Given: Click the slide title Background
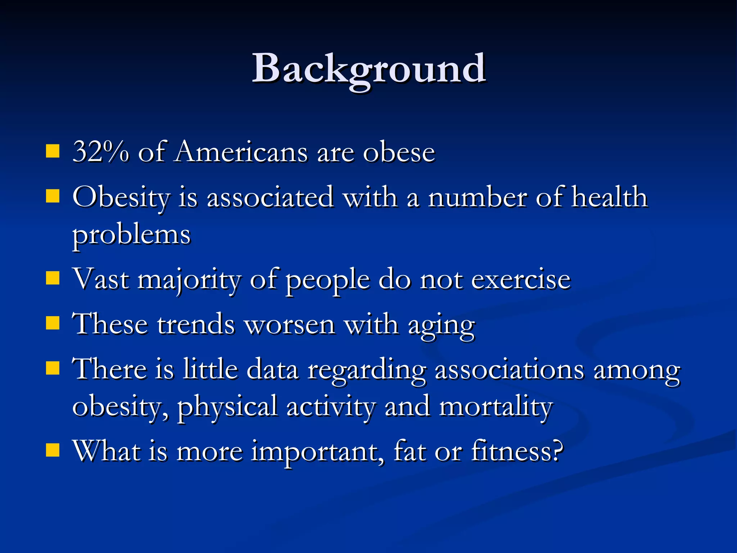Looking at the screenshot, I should point(368,68).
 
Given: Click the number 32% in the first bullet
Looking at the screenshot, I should point(100,152).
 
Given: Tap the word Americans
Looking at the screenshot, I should point(241,152).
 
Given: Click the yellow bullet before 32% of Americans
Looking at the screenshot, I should point(53,152).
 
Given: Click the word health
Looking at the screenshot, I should point(610,197).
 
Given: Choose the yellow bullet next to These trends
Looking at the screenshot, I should point(53,323).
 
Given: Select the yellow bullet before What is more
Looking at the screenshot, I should point(53,450).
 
